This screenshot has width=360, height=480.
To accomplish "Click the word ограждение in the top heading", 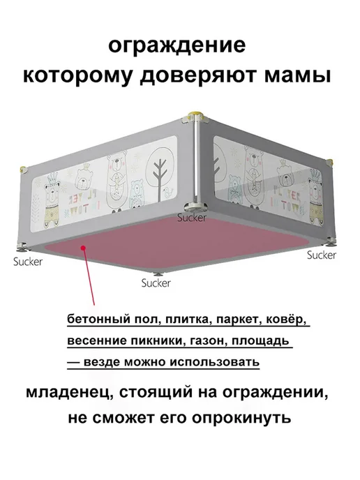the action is coord(177,45).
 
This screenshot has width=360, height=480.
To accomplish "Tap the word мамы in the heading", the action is coord(297,75).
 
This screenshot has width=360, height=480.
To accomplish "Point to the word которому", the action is coord(79,75).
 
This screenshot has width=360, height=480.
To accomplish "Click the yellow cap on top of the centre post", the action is coord(196,117).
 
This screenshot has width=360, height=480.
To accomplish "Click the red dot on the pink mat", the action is coord(82,248).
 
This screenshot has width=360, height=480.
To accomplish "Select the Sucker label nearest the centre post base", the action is coord(192,218).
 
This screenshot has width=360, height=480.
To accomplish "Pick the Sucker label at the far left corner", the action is coord(28,262).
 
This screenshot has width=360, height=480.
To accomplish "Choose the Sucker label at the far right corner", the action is coord(322,255).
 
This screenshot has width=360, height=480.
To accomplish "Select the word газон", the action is coord(208,340).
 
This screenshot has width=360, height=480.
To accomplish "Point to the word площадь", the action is coord(260,340).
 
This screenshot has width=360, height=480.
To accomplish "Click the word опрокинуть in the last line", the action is coord(241,418).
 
